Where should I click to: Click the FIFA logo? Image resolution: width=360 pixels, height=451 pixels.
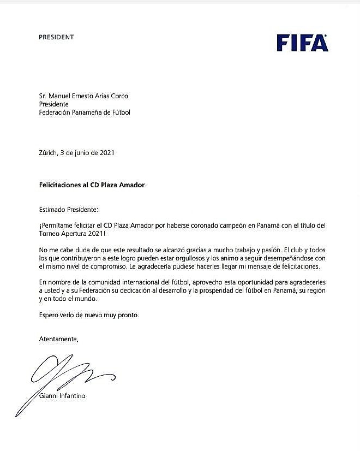(x=302, y=43)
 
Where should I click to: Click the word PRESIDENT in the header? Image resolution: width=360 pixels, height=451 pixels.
(x=56, y=37)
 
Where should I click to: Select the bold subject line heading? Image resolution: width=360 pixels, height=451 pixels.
(x=92, y=185)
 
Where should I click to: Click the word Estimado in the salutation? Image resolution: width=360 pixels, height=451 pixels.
(x=54, y=209)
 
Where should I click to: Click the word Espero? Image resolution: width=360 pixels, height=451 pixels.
(x=50, y=315)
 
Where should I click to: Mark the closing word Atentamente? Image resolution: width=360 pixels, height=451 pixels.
(x=59, y=339)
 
